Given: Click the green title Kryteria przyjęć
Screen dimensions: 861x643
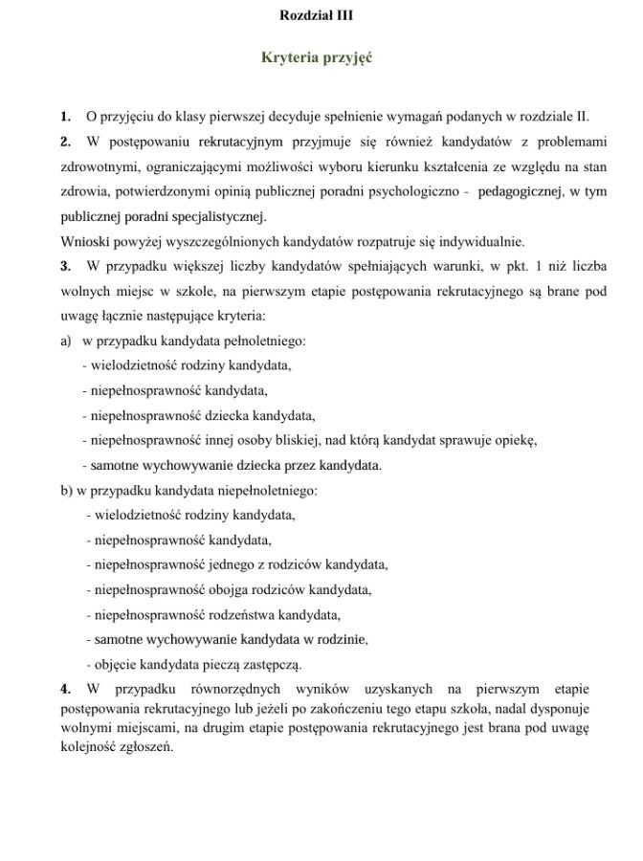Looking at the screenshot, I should [x=317, y=58].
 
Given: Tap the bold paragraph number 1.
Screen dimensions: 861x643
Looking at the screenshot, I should [x=65, y=117].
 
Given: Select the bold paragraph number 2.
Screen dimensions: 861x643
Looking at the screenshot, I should [x=65, y=142].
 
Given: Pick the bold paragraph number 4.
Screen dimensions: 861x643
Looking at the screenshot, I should [x=65, y=689].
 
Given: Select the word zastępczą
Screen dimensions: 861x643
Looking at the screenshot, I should [x=276, y=664].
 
